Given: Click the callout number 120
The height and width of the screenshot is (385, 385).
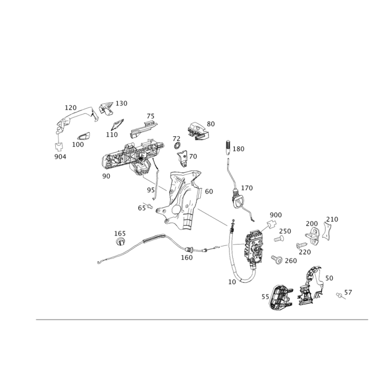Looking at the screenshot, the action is point(71,107).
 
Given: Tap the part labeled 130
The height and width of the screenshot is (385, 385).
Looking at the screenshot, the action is point(106,108).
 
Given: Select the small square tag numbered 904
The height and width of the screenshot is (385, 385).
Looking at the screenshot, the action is point(58,147).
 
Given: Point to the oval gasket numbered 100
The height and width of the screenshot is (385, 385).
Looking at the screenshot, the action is point(84,136).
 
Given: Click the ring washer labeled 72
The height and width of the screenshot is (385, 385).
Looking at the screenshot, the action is point(177,146).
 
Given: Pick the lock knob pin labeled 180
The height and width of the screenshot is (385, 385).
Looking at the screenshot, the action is point(228,148).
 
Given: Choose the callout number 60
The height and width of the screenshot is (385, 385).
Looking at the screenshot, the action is point(209,192).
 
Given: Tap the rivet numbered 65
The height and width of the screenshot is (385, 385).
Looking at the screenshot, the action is point(150,206).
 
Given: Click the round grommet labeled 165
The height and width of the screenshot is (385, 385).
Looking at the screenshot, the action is point(120,242).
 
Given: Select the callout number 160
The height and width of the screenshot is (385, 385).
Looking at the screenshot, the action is point(187,257).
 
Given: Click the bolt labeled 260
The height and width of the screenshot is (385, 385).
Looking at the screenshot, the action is point(277,259).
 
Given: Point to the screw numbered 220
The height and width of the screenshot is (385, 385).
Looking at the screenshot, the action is point(302,245).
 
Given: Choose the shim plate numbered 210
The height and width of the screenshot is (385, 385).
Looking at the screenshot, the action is point(326,231).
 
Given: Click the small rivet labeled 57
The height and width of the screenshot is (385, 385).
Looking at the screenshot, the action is point(340,295).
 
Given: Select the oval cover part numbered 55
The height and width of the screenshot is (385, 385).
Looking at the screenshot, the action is point(281,297).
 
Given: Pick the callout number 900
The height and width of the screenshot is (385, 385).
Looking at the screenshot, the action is point(276,215).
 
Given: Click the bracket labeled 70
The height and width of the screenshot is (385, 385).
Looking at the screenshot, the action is point(183,159).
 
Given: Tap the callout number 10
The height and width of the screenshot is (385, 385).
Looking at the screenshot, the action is point(232,282).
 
